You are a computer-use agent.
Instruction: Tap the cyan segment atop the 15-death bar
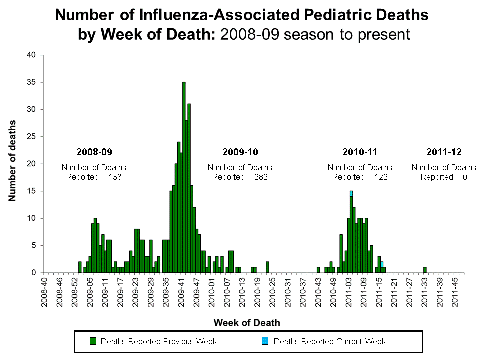click(351, 193)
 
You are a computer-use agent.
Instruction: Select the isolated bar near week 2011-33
click(425, 270)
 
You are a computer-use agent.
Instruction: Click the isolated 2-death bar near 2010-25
click(267, 267)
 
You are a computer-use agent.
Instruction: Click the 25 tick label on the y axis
click(31, 137)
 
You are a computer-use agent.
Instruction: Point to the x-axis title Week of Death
click(247, 323)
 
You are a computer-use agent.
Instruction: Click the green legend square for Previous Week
click(92, 341)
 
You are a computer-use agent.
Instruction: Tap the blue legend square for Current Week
click(265, 341)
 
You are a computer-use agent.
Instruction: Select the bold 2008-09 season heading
click(94, 152)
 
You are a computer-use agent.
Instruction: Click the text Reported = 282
click(240, 176)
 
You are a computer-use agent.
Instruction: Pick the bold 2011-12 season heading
click(444, 152)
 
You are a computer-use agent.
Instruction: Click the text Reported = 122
click(360, 176)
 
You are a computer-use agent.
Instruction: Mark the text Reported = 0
click(444, 176)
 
